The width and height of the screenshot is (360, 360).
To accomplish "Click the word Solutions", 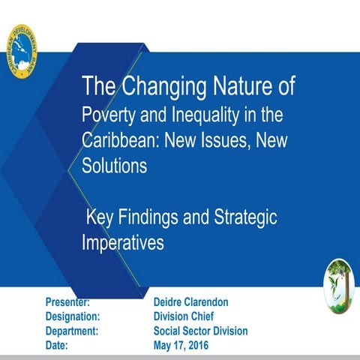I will [x=114, y=166].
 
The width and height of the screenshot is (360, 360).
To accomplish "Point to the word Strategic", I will [x=241, y=218].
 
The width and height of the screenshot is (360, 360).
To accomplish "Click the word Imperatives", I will [x=121, y=243].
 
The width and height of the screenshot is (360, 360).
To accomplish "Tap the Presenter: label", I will [x=68, y=301].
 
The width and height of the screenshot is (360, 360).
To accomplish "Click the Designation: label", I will [x=73, y=316].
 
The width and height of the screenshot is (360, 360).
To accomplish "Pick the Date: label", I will [x=56, y=345].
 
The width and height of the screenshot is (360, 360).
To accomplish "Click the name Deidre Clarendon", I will [x=190, y=301].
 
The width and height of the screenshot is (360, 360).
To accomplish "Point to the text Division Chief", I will [x=184, y=316].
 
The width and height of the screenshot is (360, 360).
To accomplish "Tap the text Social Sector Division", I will [x=200, y=331].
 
